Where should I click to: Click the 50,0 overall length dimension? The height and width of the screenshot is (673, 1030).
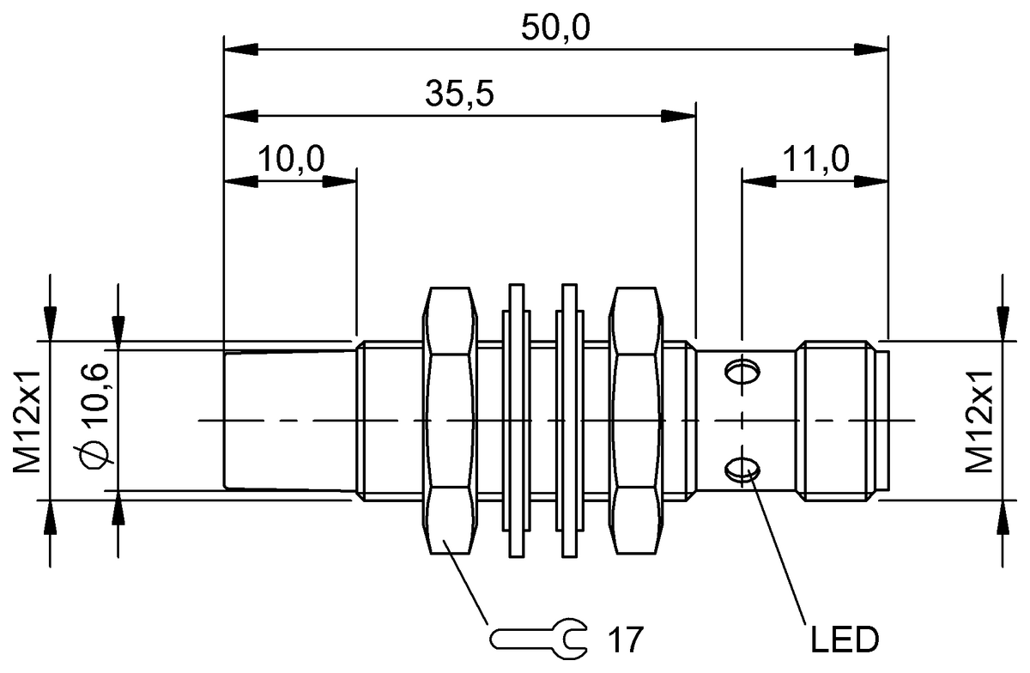(555, 27)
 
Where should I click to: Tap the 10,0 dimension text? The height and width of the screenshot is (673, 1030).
(291, 159)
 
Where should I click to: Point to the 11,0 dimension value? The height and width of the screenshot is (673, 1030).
(815, 159)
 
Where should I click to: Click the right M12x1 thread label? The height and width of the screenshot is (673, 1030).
(978, 421)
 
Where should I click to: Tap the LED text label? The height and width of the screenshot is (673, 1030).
(843, 640)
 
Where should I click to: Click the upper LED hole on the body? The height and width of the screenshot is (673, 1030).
(742, 373)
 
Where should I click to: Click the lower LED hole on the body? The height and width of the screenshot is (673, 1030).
(742, 468)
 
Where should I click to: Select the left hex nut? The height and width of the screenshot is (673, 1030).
(449, 421)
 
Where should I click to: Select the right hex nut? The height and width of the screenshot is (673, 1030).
(635, 421)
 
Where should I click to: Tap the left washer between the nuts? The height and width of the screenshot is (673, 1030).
(517, 421)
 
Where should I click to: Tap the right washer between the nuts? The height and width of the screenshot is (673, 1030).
(570, 421)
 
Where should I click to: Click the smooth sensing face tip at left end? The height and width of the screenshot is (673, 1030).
(288, 421)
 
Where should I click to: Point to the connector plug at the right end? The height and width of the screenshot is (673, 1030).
(837, 421)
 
